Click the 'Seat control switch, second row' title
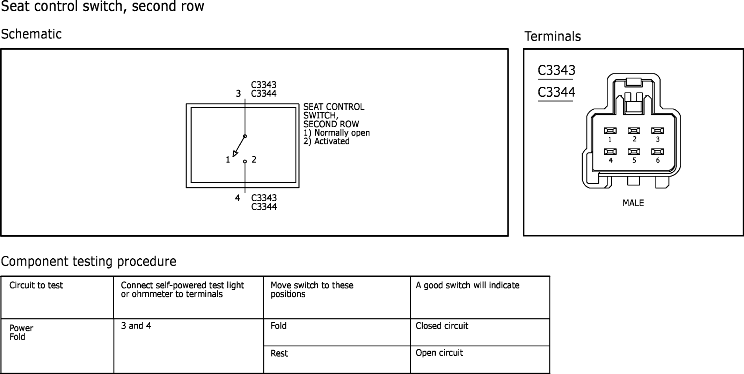103,6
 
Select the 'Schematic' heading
31,34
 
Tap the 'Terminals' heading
553,36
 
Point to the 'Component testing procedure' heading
89,261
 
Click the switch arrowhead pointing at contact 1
235,153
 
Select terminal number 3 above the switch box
238,94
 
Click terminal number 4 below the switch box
238,198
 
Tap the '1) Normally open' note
336,133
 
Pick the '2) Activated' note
326,141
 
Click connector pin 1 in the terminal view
610,131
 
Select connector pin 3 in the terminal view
657,131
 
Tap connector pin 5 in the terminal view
634,152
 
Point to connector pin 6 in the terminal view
657,152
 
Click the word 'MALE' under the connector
633,203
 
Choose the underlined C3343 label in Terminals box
556,70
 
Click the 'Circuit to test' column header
36,285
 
